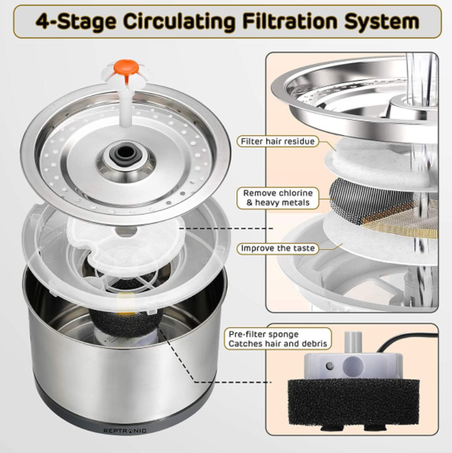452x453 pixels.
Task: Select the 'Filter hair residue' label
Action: click(277, 141)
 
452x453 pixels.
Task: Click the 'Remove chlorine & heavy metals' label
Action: click(278, 198)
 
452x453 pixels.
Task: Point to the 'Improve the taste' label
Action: click(278, 248)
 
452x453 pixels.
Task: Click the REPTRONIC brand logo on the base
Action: click(125, 430)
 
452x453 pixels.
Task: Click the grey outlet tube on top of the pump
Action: click(352, 342)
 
